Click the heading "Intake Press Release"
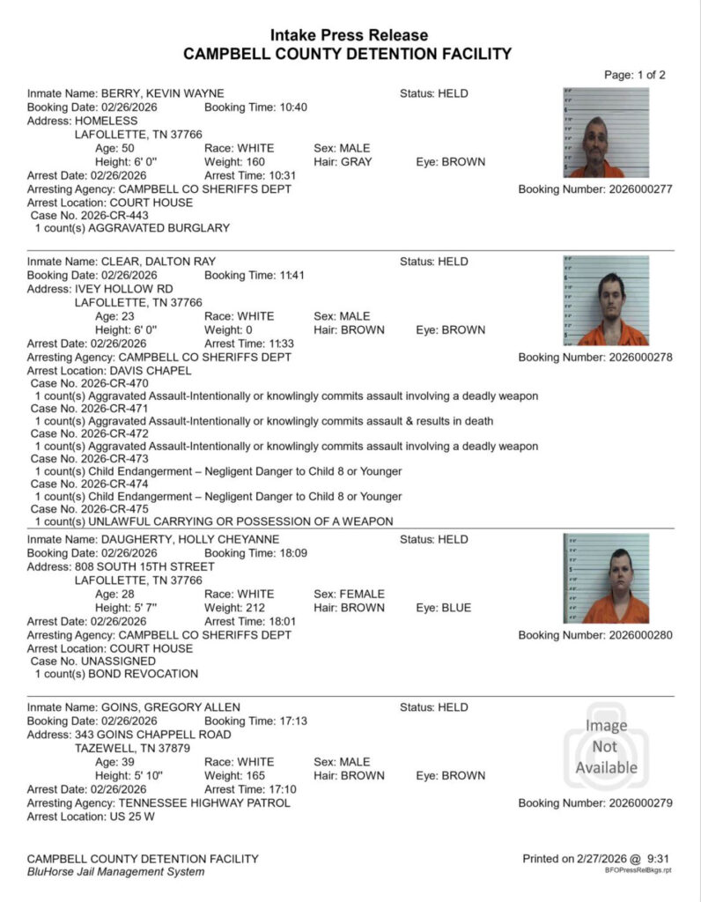coord(349,35)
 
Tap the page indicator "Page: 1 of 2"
coord(634,75)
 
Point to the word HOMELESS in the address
coord(107,121)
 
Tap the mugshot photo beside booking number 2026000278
coord(606,301)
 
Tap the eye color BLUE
coord(456,608)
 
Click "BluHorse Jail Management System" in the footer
coord(115,872)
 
